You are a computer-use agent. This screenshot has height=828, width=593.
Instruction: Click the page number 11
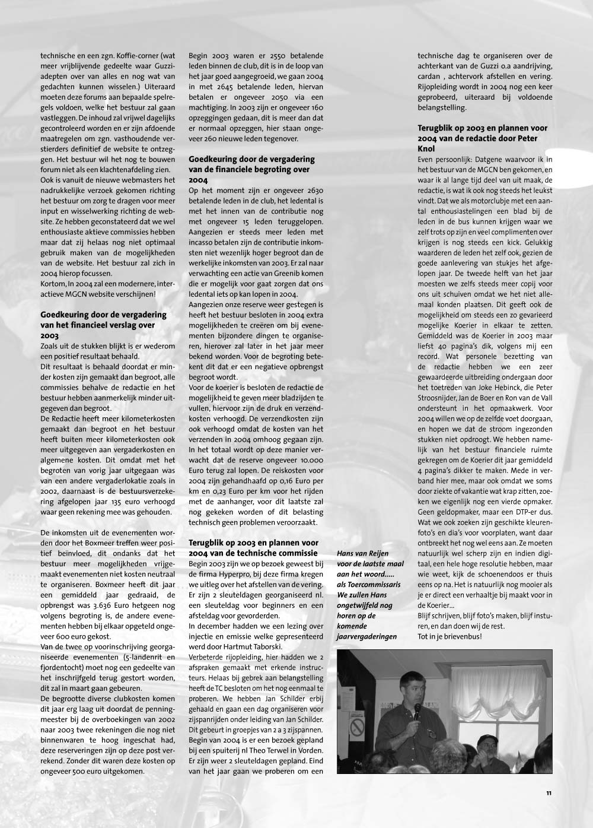coord(549,792)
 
